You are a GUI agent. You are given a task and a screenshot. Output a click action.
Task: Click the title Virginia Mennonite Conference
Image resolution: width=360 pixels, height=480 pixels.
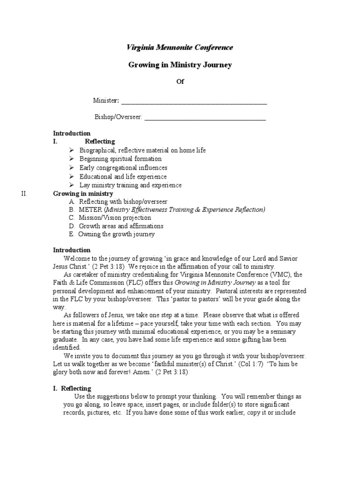(180, 47)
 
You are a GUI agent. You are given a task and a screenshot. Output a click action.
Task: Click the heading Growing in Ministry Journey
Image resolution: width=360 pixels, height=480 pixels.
(180, 65)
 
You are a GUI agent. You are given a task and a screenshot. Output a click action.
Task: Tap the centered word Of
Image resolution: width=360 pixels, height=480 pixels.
(180, 82)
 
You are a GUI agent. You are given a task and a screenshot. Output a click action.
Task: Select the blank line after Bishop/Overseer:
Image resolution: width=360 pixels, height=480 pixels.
(205, 118)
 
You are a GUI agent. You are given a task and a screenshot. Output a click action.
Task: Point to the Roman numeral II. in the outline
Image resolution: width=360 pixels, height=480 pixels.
(25, 194)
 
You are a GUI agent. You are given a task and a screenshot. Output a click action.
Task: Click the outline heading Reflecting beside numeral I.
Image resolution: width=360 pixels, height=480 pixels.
(99, 142)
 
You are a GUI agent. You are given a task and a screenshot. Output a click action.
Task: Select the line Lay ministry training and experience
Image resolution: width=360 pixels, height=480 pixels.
(130, 185)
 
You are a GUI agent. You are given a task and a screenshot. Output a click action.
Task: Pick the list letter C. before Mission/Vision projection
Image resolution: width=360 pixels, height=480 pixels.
(71, 218)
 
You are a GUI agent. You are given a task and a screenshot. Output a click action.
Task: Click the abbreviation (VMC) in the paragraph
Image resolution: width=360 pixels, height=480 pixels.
(279, 275)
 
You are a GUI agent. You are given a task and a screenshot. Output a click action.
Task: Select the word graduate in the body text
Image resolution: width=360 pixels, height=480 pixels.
(66, 340)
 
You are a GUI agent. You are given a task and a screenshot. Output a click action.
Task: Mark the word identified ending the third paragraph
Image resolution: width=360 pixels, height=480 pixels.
(67, 348)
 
